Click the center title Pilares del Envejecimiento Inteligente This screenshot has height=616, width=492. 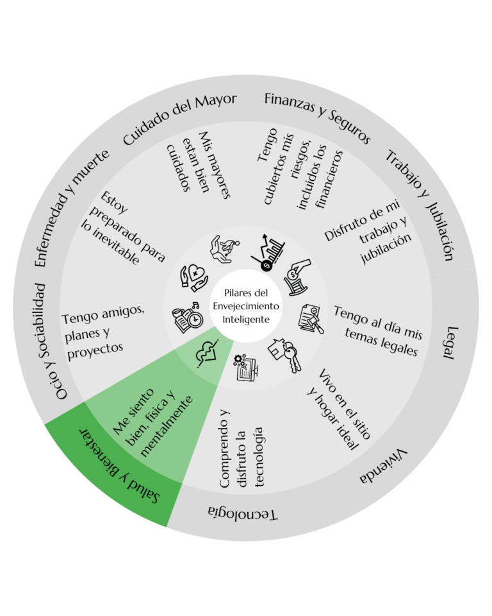pyautogui.click(x=246, y=306)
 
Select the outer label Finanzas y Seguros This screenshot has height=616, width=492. pyautogui.click(x=317, y=117)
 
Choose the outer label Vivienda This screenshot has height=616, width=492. pyautogui.click(x=384, y=466)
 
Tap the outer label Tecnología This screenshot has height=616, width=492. pyautogui.click(x=243, y=513)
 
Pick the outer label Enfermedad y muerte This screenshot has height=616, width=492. pyautogui.click(x=71, y=208)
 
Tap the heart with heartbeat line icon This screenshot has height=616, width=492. pyautogui.click(x=207, y=353)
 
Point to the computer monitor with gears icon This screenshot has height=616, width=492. pyautogui.click(x=245, y=367)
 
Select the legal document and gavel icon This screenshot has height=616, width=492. pyautogui.click(x=311, y=319)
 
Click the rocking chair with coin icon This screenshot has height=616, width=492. pyautogui.click(x=297, y=277)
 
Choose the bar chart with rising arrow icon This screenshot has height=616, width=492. pyautogui.click(x=268, y=252)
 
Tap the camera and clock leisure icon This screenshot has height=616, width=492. pyautogui.click(x=188, y=318)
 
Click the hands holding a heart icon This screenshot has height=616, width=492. pyautogui.click(x=194, y=278)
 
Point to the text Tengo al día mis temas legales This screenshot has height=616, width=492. pyautogui.click(x=379, y=331)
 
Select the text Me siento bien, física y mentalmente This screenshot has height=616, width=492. pyautogui.click(x=152, y=422)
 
